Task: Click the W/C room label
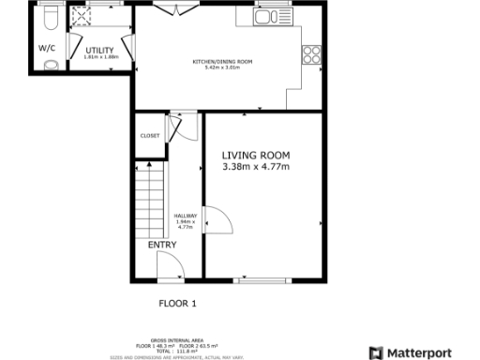tap(47, 48)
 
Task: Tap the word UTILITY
tap(98, 50)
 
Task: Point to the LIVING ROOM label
tap(256, 155)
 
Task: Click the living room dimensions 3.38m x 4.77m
tap(256, 167)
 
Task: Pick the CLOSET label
tap(150, 135)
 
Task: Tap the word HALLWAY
tap(185, 216)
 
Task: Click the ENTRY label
tap(162, 245)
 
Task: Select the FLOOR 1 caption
tap(177, 303)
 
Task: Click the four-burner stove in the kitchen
tap(312, 54)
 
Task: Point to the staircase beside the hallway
tap(149, 199)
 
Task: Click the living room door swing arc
tap(217, 221)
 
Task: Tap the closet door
tap(186, 127)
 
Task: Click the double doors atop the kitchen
tap(175, 10)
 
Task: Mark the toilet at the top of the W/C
tap(52, 19)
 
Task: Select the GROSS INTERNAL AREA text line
tap(177, 340)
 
